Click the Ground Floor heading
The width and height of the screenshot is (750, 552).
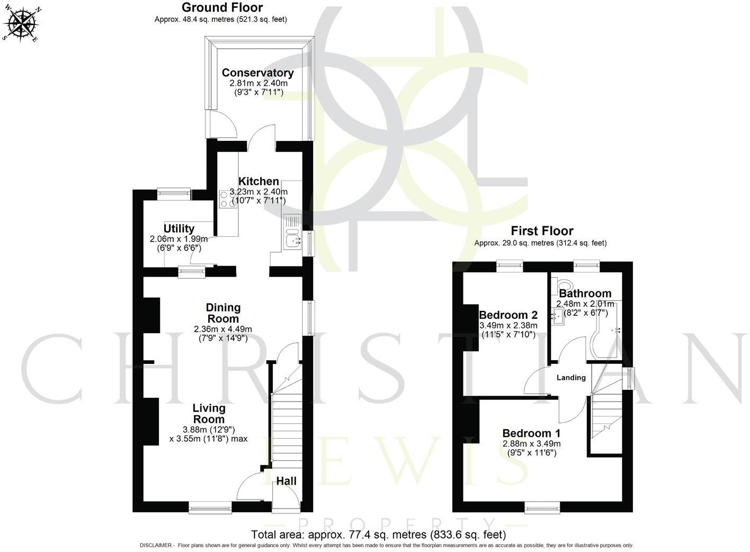pyautogui.click(x=222, y=7)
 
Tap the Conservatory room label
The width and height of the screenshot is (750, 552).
pyautogui.click(x=257, y=73)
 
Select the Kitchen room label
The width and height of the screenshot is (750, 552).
pyautogui.click(x=258, y=181)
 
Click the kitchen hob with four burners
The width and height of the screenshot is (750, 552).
pyautogui.click(x=228, y=199)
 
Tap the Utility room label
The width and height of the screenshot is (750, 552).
pyautogui.click(x=178, y=228)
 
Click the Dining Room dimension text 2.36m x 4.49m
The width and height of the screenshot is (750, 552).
pyautogui.click(x=223, y=329)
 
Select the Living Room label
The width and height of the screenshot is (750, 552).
pyautogui.click(x=209, y=414)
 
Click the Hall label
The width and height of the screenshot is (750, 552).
pyautogui.click(x=286, y=481)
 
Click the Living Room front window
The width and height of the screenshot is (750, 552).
pyautogui.click(x=210, y=509)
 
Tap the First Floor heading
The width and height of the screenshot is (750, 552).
pyautogui.click(x=541, y=231)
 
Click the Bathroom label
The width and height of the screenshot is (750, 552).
pyautogui.click(x=585, y=293)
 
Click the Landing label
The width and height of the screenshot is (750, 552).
pyautogui.click(x=571, y=378)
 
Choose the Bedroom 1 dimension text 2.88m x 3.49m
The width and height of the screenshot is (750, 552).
pyautogui.click(x=531, y=443)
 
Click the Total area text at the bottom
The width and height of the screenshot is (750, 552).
pyautogui.click(x=378, y=534)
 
